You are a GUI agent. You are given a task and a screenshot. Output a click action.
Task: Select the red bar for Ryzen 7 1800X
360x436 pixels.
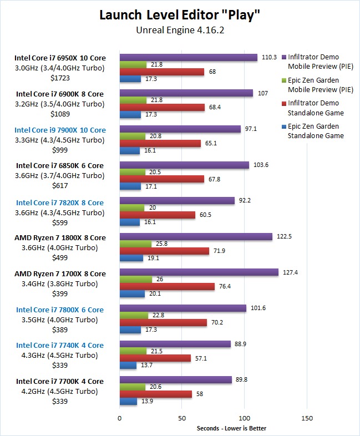point(164,251)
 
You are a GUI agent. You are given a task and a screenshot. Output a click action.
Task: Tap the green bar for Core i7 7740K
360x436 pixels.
point(133,352)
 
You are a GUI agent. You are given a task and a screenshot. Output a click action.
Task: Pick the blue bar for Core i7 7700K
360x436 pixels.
point(128,401)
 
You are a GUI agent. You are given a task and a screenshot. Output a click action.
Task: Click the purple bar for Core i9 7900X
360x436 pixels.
point(180,129)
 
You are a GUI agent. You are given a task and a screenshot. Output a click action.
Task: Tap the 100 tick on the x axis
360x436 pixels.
point(245,418)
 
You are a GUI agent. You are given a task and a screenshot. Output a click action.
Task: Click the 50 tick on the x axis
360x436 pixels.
point(182,418)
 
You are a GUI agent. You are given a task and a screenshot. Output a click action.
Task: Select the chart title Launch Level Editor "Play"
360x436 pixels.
point(180,15)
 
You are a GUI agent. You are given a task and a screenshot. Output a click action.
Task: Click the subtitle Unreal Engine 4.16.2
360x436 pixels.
point(180,30)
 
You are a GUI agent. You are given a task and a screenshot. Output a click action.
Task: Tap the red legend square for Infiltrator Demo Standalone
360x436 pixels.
point(284,103)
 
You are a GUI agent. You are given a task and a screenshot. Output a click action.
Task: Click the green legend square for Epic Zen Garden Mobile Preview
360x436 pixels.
point(284,80)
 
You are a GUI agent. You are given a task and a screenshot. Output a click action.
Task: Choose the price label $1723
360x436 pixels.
point(60,78)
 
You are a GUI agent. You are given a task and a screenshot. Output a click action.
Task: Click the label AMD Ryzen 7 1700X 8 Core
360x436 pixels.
point(60,273)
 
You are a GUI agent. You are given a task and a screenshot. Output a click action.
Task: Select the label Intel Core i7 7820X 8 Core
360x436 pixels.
point(60,202)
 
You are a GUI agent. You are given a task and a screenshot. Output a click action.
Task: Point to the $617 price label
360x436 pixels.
point(60,186)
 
